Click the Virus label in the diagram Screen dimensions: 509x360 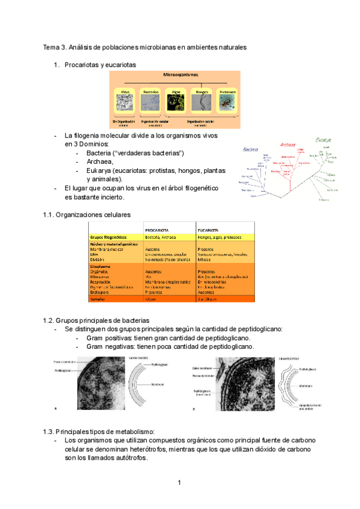[x=125, y=92]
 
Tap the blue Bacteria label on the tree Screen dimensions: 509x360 [x=250, y=150]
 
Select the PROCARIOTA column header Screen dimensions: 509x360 [x=159, y=230]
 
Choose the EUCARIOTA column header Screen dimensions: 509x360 [x=208, y=230]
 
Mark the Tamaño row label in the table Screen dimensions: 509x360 [x=99, y=298]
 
